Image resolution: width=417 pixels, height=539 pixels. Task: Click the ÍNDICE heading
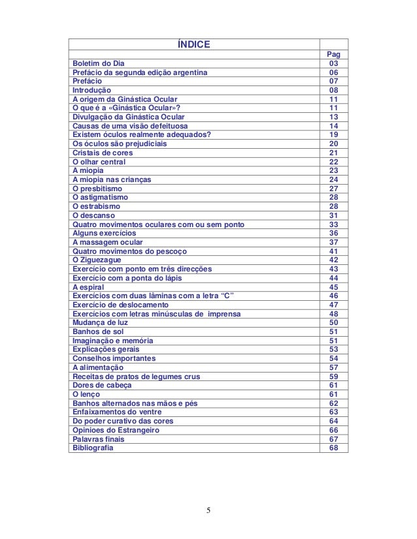tap(194, 44)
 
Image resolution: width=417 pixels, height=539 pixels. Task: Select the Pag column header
tap(333, 54)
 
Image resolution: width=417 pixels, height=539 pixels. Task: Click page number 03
tap(333, 63)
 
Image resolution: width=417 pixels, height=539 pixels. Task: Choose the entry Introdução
tap(92, 90)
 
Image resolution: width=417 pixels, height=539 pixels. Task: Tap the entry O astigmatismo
tap(101, 197)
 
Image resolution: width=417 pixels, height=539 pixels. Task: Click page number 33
tap(333, 224)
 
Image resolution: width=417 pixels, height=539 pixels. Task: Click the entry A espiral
tap(88, 286)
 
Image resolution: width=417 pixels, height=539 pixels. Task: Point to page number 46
tap(333, 296)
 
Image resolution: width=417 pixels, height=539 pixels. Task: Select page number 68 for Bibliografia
tap(333, 448)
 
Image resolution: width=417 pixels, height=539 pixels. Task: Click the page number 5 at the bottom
tap(208, 510)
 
